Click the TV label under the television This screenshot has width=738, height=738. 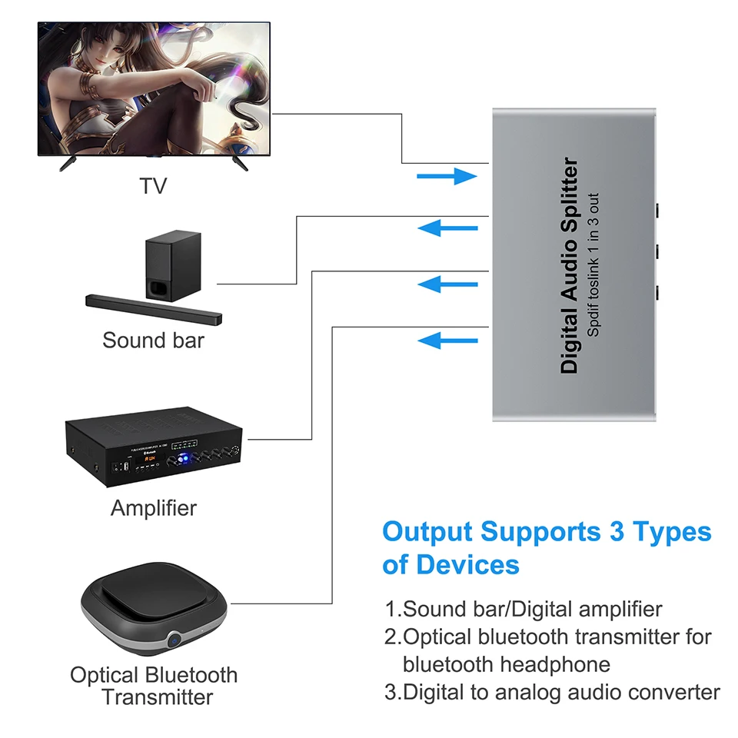[153, 186]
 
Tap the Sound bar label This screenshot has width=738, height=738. [154, 341]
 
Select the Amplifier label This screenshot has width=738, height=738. [154, 508]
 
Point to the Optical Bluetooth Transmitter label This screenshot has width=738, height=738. [154, 686]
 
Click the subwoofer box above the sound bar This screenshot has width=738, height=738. [172, 266]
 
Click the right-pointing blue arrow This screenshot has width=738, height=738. [447, 177]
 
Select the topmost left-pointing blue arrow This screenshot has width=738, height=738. [447, 228]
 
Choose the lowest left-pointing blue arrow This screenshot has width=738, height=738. [447, 340]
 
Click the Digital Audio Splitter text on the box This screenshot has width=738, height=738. [570, 265]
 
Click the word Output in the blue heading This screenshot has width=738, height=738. [427, 532]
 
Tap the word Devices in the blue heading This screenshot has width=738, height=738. [468, 565]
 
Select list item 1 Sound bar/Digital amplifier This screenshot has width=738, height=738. [524, 610]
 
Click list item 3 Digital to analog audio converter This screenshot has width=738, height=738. [553, 692]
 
